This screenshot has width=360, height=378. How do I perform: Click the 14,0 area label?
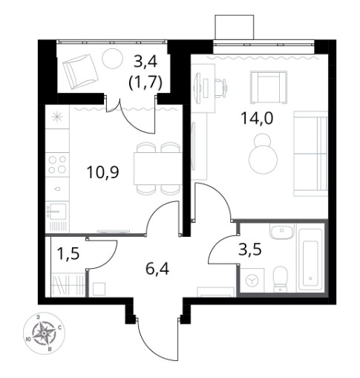[x=257, y=118]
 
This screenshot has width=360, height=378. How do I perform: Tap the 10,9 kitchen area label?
[x=103, y=172]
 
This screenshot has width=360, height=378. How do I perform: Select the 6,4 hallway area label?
[x=157, y=269]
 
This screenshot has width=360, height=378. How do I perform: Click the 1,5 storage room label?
[x=68, y=253]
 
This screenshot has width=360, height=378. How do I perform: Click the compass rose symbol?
[x=44, y=333]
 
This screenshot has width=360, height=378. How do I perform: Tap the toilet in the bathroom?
[x=280, y=279]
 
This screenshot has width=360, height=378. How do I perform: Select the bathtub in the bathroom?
[x=310, y=259]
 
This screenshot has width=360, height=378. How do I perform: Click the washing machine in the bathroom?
[x=252, y=280]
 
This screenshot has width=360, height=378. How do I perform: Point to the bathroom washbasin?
[x=282, y=231]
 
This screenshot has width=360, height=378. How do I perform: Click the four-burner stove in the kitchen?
[x=57, y=164]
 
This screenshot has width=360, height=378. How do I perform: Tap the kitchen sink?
[x=58, y=211]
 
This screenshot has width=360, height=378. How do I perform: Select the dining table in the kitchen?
[x=157, y=169]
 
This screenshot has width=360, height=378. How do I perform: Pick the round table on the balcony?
[x=112, y=59]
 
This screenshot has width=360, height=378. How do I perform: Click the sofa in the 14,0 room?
[x=310, y=154]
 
